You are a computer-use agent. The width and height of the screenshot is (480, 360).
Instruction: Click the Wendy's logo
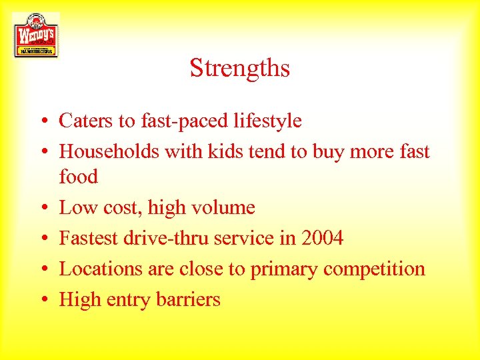35,35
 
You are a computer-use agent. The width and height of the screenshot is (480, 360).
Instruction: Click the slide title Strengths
239,68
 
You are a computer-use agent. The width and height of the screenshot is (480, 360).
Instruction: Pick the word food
78,177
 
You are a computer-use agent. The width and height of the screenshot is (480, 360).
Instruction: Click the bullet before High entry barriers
41,301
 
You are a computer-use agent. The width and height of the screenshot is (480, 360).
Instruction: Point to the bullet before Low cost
41,209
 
